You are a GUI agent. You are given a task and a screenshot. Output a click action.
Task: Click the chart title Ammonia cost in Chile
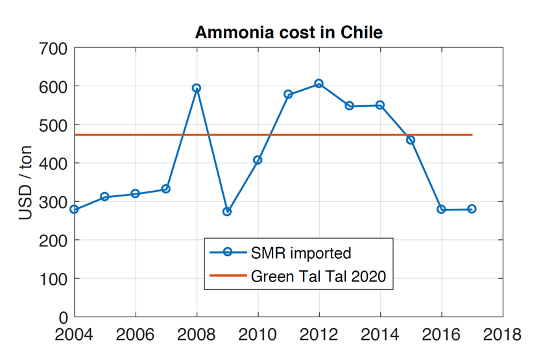point(289,32)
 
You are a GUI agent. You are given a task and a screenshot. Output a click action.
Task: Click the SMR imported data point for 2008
point(197,88)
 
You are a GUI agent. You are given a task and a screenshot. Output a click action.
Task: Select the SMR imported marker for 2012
point(319,84)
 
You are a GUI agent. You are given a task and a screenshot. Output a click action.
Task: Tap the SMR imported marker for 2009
point(227,211)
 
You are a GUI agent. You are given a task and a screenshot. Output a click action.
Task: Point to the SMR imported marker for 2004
point(74,209)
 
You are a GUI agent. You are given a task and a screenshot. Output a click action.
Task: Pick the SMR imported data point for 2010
point(258,160)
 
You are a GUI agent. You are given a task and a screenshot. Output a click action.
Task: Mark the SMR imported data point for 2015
point(411,140)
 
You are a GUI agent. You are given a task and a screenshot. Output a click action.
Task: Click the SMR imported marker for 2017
point(472,209)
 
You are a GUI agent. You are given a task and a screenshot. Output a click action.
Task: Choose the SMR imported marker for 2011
point(288,95)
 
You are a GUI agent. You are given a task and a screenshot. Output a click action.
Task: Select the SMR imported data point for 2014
point(380,105)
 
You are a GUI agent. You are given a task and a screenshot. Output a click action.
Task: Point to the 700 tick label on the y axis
point(53,48)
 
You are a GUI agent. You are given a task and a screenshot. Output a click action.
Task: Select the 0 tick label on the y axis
point(63,317)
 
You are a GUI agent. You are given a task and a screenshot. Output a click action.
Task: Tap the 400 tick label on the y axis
point(53,163)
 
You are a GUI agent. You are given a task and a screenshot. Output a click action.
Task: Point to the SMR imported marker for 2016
point(441,210)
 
